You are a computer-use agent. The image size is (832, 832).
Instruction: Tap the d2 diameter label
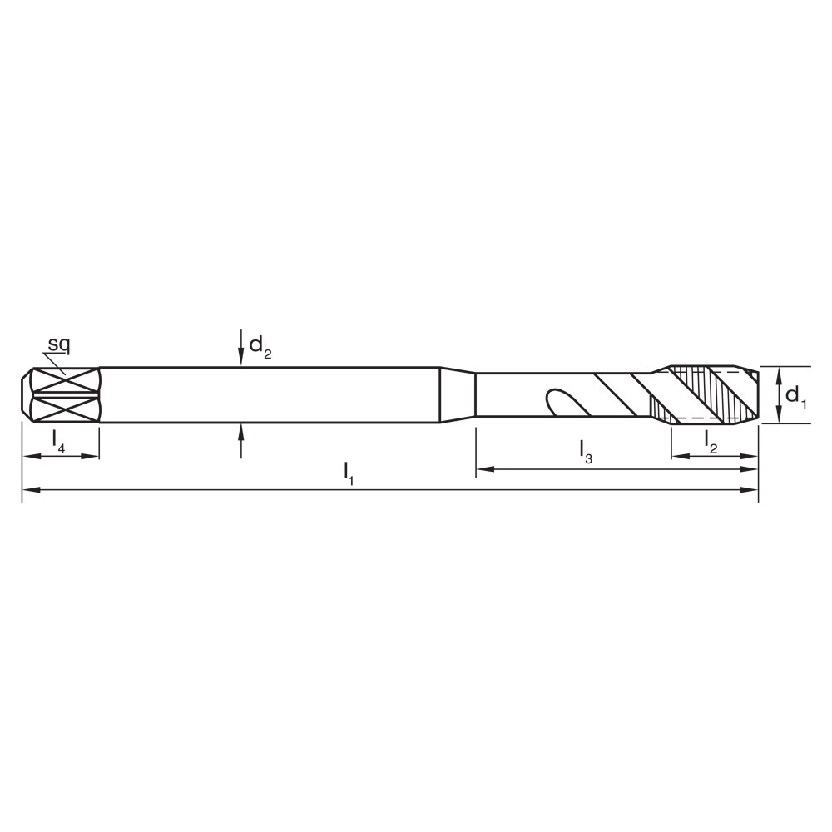tap(260, 346)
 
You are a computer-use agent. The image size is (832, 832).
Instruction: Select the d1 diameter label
tap(796, 395)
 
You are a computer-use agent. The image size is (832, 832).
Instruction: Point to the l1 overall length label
tap(349, 473)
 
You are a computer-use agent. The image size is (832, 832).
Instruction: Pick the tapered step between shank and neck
tap(457, 395)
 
